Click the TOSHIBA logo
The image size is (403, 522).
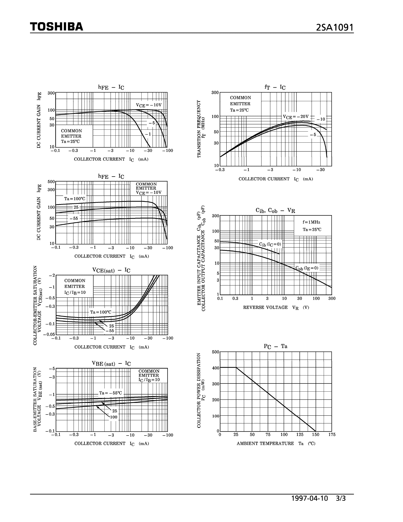point(57,27)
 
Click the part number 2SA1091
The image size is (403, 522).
point(334,28)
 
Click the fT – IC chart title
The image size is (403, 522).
point(275,87)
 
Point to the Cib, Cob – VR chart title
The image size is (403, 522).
point(275,210)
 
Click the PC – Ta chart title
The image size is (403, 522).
point(275,346)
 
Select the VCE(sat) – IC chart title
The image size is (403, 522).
point(111,270)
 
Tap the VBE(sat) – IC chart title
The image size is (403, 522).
point(111,364)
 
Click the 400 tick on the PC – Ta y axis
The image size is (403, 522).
point(216,368)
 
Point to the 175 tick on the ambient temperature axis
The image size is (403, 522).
point(332,435)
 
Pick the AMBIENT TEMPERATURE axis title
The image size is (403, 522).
point(265,444)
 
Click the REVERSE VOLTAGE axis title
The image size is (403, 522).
point(265,308)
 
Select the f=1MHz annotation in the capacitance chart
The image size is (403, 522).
point(312,222)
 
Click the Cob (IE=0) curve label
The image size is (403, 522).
point(307,268)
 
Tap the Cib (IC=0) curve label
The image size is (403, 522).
point(270,244)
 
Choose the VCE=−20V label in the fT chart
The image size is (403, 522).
point(296,117)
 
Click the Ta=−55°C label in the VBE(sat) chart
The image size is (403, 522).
point(110,393)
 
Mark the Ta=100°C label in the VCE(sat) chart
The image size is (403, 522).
point(101,312)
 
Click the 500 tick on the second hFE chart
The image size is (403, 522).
point(51,182)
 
